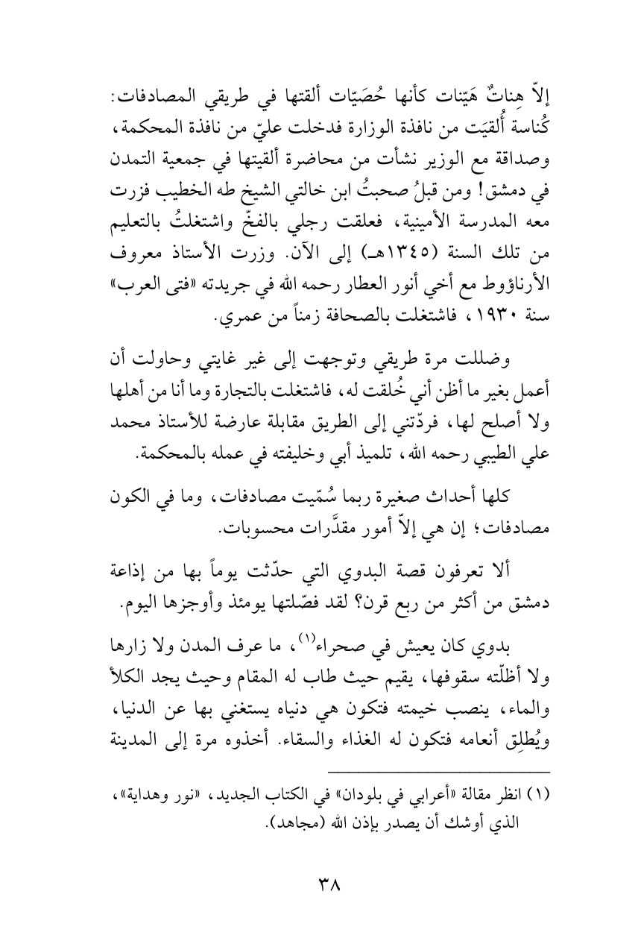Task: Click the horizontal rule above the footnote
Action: click(439, 751)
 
